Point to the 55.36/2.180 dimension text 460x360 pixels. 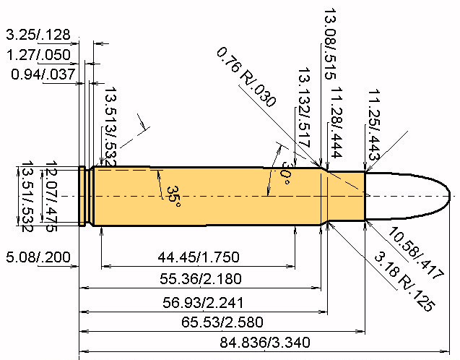201,279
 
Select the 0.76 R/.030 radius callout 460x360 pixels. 246,77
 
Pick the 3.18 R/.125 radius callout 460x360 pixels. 404,281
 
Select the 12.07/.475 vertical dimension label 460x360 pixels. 51,197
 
